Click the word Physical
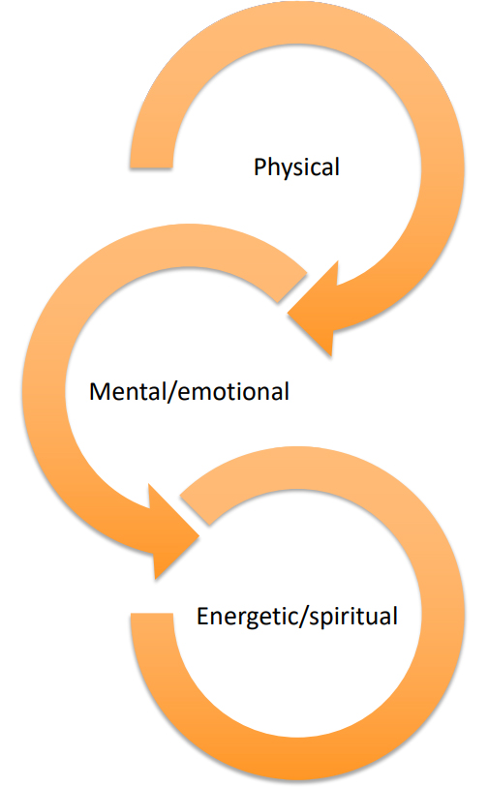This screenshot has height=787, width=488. (296, 167)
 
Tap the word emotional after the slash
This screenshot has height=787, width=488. (233, 391)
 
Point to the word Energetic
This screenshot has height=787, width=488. (247, 617)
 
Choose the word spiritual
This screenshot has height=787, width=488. (353, 617)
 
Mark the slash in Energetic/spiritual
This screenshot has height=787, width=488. (303, 617)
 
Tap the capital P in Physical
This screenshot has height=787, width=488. (260, 167)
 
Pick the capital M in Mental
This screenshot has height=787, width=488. (99, 391)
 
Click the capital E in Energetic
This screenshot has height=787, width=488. (202, 616)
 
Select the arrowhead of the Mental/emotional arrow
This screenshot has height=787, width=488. (173, 533)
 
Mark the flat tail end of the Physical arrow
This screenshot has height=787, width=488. (151, 167)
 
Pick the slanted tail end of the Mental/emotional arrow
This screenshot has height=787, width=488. (292, 288)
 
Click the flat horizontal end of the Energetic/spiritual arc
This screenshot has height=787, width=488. (152, 614)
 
